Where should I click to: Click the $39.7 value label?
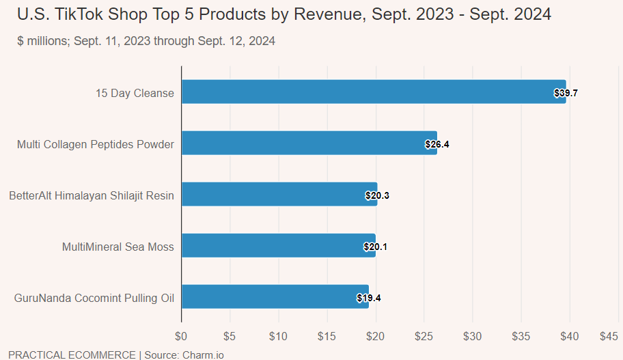pos(566,93)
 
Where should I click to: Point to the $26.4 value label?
pos(437,144)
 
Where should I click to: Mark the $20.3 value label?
pos(377,195)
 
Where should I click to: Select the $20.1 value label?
pos(376,247)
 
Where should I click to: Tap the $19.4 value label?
pos(369,298)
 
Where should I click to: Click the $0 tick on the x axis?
pos(181,336)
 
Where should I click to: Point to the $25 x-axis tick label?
pos(424,336)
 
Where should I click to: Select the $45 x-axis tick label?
pos(609,336)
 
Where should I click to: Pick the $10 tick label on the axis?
pos(278,336)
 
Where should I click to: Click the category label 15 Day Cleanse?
pos(135,93)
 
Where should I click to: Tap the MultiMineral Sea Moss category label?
pos(117,247)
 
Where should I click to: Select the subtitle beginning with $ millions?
pos(146,41)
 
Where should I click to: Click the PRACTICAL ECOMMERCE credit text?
pos(72,355)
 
